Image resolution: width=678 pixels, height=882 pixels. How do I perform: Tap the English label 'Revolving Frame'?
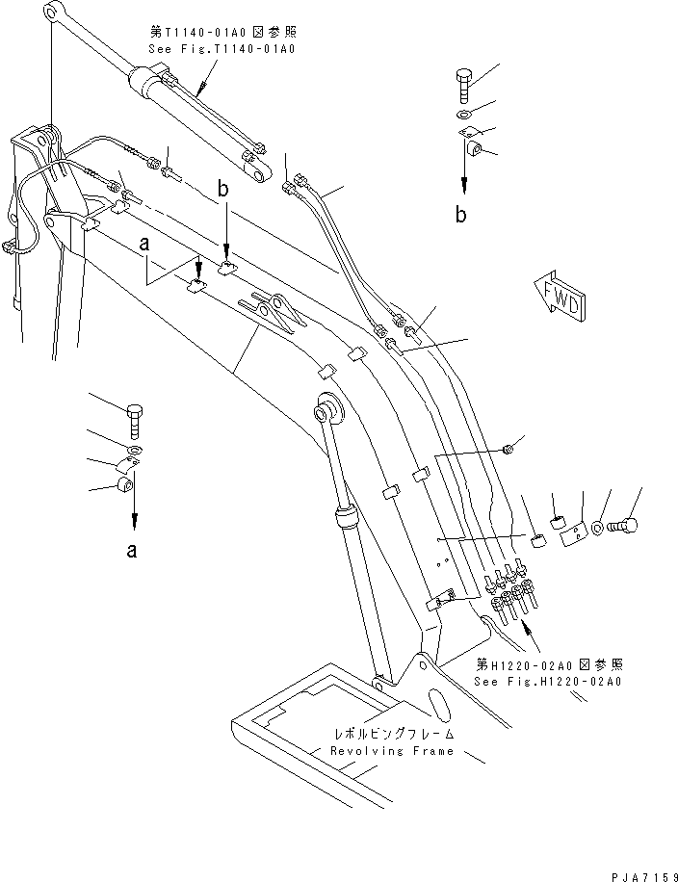coord(390,750)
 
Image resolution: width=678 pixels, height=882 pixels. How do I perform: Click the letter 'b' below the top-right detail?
coord(462,215)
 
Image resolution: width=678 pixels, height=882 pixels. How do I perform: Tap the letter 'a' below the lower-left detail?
coord(133,551)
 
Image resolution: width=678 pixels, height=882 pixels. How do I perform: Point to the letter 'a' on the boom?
coord(144,246)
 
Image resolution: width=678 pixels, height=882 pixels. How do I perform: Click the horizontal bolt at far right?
coord(627,526)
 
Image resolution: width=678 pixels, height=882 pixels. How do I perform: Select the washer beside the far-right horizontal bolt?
coord(600,529)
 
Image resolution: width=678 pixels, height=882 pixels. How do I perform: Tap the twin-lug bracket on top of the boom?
coord(276,310)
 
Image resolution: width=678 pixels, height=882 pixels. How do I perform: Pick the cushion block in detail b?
coord(475,150)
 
